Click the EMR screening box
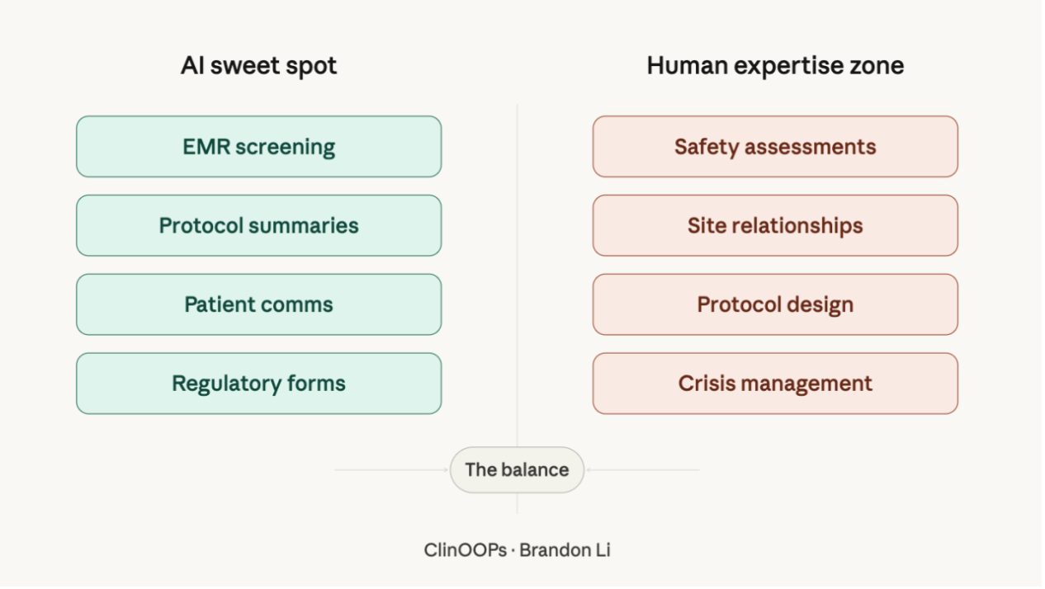tap(258, 147)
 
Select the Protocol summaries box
tap(258, 226)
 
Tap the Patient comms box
tap(258, 304)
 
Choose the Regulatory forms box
tap(258, 384)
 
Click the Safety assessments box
tap(775, 147)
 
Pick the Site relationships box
tap(775, 226)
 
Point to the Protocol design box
tap(775, 304)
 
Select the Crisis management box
tap(775, 384)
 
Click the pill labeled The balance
tap(517, 470)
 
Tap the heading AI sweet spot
tap(258, 66)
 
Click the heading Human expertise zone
tap(775, 66)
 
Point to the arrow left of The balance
tap(392, 470)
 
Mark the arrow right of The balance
tap(642, 470)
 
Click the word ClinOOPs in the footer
tap(466, 550)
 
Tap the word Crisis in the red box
tap(702, 384)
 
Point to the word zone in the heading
tap(877, 66)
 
